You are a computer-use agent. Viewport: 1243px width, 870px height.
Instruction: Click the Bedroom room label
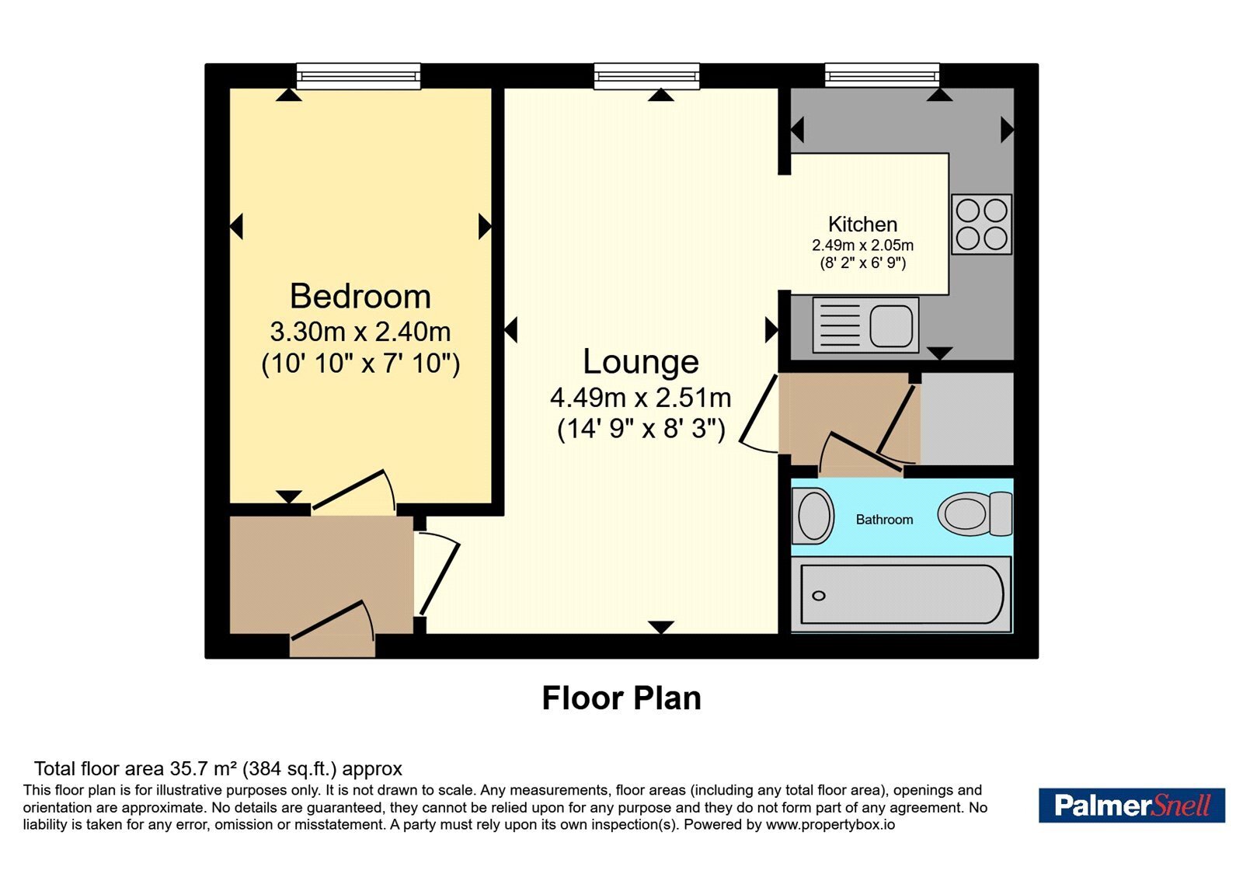[360, 296]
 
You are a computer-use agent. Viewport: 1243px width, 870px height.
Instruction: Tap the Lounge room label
[641, 362]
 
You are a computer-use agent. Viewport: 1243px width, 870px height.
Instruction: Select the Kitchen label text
[862, 224]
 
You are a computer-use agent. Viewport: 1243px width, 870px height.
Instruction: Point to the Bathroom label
[884, 520]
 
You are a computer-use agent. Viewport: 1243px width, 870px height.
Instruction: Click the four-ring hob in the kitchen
[981, 224]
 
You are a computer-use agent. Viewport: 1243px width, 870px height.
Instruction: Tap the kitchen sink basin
[891, 325]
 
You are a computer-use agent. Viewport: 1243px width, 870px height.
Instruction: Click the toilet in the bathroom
[975, 513]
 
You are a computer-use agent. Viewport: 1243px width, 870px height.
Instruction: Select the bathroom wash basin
[813, 516]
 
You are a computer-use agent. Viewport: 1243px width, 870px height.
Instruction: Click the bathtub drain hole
[819, 596]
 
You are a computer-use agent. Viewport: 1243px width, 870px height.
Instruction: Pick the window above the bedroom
[358, 76]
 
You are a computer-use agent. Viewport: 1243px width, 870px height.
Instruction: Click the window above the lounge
[646, 76]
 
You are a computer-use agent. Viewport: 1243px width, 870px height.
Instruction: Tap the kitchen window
[882, 75]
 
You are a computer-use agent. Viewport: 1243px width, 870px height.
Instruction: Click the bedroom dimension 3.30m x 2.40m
[360, 332]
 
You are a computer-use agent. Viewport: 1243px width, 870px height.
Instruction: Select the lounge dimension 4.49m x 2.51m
[641, 397]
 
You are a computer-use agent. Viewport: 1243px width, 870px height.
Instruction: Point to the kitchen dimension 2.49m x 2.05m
[862, 245]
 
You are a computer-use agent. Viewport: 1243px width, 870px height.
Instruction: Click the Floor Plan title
[621, 698]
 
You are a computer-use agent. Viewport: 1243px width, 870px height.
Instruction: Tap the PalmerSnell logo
[1132, 805]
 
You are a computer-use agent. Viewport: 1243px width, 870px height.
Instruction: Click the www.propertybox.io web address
[830, 824]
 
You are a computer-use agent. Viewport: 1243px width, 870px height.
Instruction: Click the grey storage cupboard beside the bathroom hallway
[966, 419]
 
